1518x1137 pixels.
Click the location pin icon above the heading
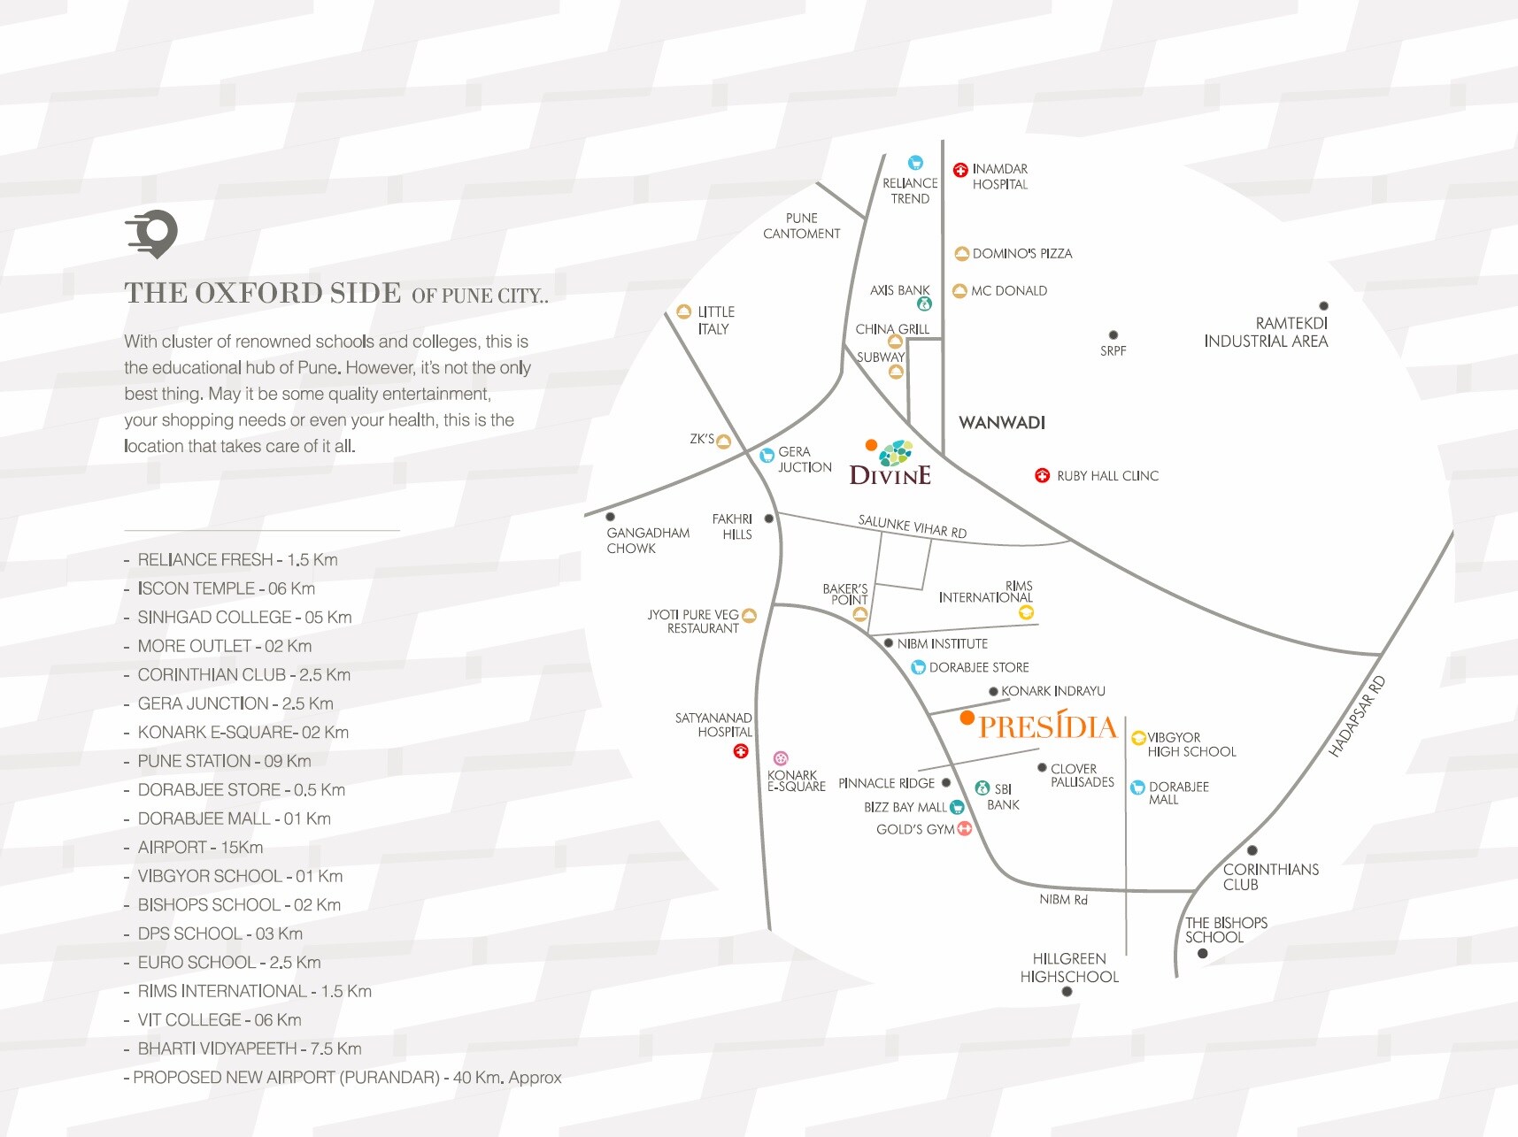pos(153,234)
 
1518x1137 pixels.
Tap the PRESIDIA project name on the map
pos(1048,727)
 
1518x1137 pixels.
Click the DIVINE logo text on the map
pos(890,476)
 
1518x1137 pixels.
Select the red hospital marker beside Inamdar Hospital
pos(960,170)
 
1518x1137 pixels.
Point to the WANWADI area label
pos(1002,423)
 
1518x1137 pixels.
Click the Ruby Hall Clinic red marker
pos(1043,476)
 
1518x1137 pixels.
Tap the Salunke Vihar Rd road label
pos(912,526)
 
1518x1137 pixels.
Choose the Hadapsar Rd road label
pos(1357,718)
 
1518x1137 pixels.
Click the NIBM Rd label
pos(1063,900)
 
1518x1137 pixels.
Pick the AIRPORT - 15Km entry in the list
pos(200,848)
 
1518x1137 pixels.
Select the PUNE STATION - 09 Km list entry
pos(224,761)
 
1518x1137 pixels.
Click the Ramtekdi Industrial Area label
pos(1266,333)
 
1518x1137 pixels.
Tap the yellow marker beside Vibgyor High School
pos(1139,738)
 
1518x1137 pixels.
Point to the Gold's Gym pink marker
pos(965,829)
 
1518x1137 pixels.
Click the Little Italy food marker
pos(683,311)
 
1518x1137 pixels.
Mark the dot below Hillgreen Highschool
pos(1067,992)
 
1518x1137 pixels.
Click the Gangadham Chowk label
pos(648,541)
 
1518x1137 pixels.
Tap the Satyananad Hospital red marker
pos(741,751)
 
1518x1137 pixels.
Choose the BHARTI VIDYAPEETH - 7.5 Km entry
pos(249,1049)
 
